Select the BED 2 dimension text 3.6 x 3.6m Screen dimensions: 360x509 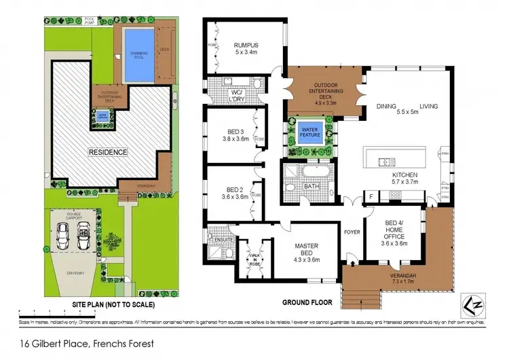(233, 196)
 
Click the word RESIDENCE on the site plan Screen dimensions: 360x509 (108, 152)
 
